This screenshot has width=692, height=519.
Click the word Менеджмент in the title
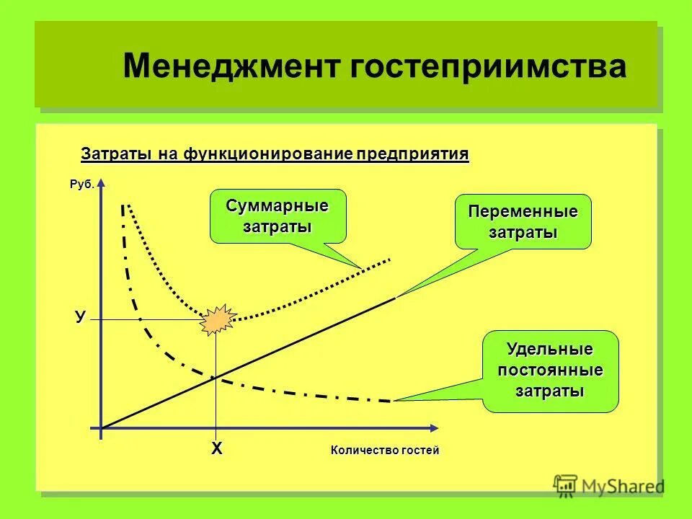[x=231, y=67]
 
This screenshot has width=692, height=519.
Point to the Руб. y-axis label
[x=81, y=185]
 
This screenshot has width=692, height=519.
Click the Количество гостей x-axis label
[x=384, y=451]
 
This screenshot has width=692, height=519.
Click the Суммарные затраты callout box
[x=278, y=216]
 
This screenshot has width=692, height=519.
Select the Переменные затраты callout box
[x=523, y=222]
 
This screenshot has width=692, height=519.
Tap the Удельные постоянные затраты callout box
[x=550, y=371]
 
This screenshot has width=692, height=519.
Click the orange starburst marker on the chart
[x=217, y=319]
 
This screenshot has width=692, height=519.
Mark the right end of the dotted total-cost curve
[x=390, y=259]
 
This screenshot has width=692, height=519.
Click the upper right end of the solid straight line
[x=394, y=297]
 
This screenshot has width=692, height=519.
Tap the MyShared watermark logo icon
[x=567, y=484]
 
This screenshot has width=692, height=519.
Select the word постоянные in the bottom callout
[x=550, y=371]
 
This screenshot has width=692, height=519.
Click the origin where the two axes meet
[x=102, y=429]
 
